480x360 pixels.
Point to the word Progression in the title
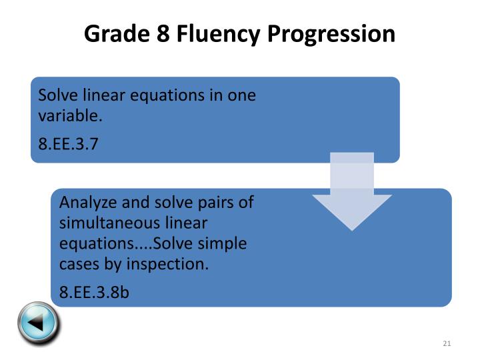331,33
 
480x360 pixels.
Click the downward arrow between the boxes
352,194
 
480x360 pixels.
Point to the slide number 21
447,343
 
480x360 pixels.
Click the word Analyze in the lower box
86,202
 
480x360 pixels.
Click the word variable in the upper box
69,116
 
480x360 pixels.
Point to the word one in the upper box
242,95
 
